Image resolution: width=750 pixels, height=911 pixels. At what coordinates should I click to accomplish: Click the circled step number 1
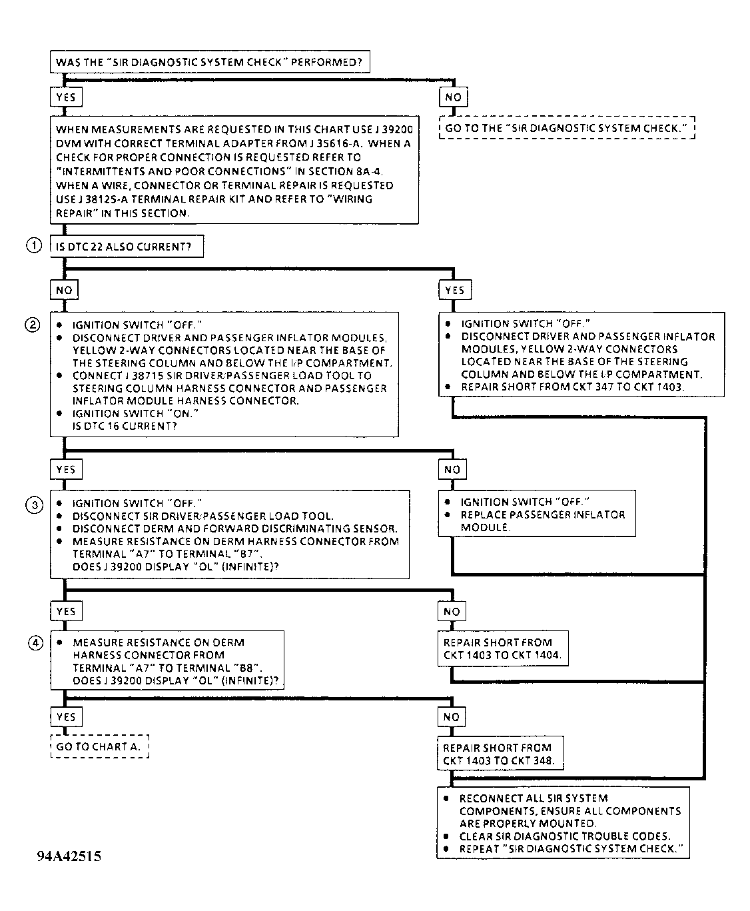[33, 246]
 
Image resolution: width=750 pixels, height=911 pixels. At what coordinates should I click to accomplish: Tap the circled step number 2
[33, 325]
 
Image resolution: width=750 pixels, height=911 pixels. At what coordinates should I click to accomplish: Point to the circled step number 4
[35, 642]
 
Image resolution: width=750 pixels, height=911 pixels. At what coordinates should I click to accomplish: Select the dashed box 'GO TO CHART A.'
[99, 746]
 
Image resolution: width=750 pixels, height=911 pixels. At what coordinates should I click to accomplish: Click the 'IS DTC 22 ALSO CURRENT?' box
[127, 247]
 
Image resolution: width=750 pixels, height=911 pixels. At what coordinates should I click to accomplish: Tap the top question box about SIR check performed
[209, 62]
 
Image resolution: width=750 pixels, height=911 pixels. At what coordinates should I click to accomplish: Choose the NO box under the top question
[453, 97]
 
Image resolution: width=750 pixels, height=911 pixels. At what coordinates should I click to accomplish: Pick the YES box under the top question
[66, 97]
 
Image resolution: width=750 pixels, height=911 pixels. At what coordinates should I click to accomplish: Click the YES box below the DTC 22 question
[454, 290]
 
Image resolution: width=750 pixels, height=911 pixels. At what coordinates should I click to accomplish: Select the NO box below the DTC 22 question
[64, 290]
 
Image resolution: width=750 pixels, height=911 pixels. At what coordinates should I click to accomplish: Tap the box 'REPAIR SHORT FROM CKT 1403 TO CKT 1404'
[503, 648]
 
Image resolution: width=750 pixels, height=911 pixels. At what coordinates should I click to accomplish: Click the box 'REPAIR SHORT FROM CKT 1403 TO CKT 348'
[499, 754]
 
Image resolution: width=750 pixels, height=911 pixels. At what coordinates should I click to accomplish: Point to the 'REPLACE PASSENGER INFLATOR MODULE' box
[537, 514]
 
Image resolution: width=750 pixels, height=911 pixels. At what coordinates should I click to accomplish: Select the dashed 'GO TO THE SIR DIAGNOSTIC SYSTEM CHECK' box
[567, 127]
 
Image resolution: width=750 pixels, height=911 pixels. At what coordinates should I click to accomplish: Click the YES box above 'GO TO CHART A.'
[66, 717]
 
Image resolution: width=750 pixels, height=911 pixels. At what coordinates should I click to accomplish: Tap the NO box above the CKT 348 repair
[452, 717]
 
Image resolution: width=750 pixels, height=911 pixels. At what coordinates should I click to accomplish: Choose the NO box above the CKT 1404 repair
[452, 611]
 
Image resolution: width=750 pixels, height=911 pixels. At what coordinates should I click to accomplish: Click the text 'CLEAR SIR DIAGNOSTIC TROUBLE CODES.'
[565, 836]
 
